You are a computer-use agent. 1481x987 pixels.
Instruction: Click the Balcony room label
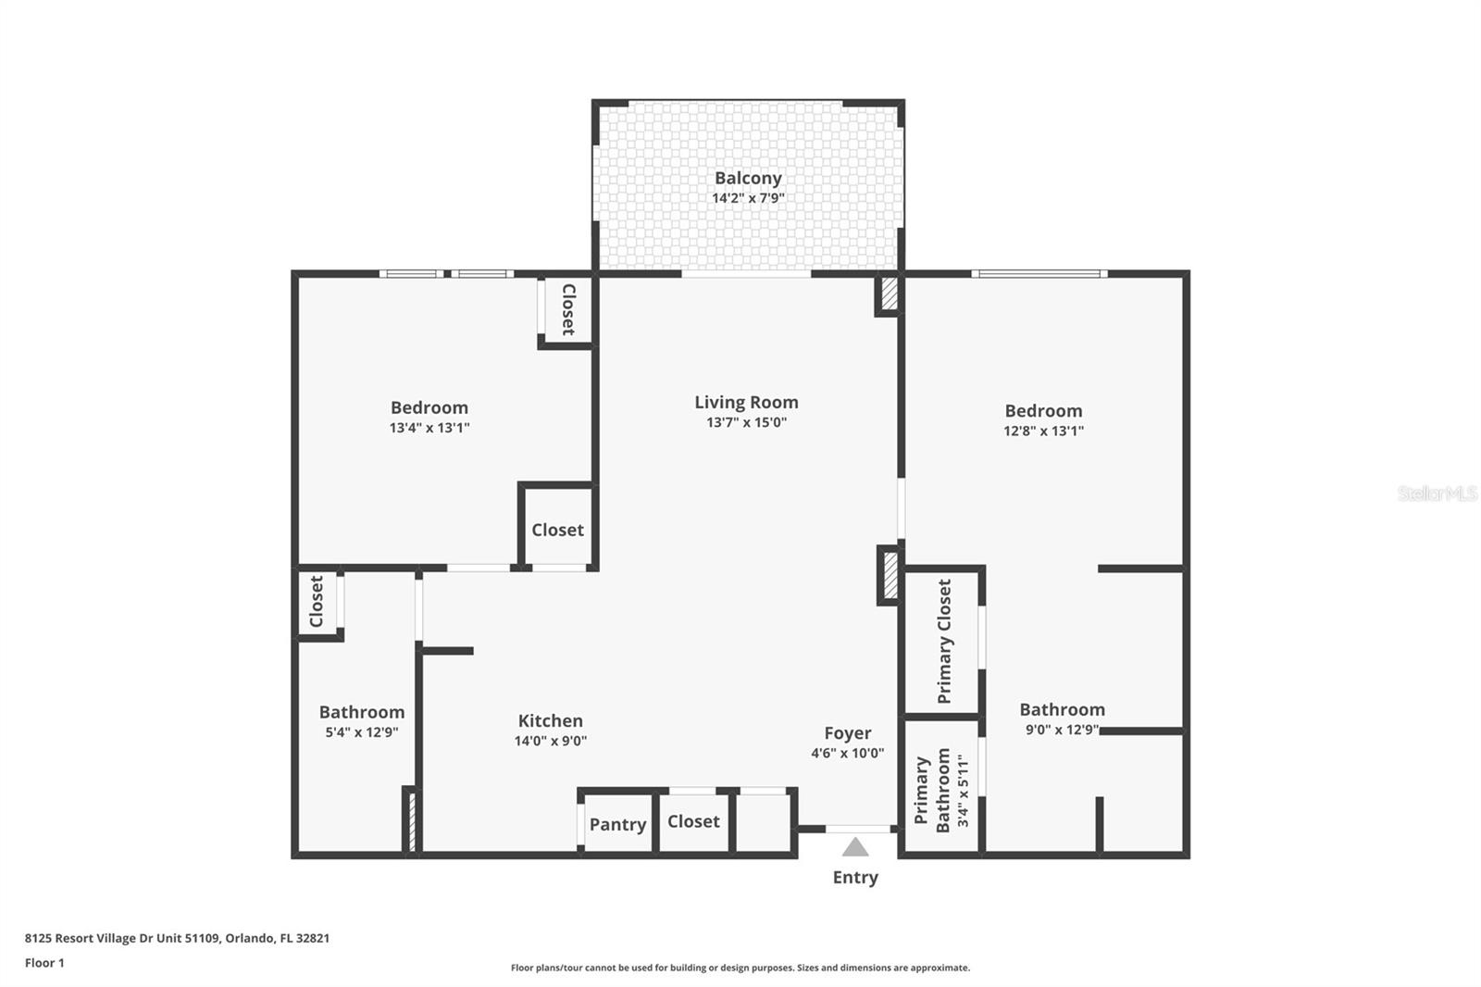pos(748,178)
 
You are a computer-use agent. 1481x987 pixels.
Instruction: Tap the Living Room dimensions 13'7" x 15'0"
pos(746,422)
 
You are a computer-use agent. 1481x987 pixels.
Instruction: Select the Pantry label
pos(617,824)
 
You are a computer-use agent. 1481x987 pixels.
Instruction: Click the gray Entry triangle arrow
pos(855,847)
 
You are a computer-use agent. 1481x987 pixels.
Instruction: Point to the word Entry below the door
pos(855,877)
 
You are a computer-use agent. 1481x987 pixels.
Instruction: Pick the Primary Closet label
pos(944,641)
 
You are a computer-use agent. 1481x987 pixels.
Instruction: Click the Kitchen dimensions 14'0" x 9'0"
pos(551,741)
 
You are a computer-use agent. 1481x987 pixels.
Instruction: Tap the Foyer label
pos(847,733)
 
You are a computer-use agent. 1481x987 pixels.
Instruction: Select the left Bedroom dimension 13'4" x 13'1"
pos(429,428)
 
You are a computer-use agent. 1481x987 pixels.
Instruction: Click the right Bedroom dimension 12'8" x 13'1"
pos(1043,431)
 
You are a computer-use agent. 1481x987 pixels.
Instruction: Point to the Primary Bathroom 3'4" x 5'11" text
pos(963,790)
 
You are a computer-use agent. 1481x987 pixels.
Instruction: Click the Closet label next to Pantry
pos(693,821)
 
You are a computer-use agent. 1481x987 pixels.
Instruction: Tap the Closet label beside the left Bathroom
pos(317,602)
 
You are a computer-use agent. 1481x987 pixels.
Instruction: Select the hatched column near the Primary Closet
pos(890,575)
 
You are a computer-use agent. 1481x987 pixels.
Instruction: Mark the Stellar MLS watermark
pos(1437,493)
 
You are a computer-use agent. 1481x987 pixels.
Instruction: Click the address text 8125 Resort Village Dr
pos(177,938)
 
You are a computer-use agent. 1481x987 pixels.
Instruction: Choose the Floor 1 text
pos(44,963)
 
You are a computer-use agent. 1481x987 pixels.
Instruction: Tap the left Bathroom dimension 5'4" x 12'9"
pos(362,732)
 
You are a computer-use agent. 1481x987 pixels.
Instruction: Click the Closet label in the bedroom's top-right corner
pos(568,309)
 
